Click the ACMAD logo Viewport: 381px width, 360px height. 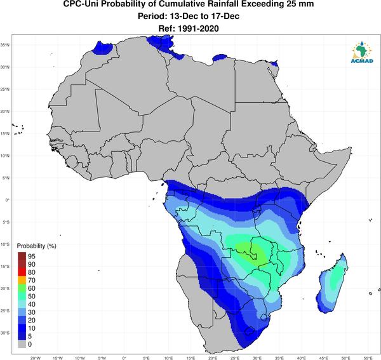(x=362, y=52)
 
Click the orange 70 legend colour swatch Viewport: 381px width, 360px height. (x=22, y=281)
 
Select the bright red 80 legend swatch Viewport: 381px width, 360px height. (x=22, y=272)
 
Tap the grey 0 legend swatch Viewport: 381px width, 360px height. (x=22, y=344)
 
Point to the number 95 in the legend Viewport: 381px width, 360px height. (x=32, y=257)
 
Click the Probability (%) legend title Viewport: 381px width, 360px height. (x=36, y=246)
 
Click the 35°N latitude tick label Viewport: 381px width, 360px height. (x=5, y=45)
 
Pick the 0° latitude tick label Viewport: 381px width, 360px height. (x=7, y=200)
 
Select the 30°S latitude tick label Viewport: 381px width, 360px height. (x=5, y=333)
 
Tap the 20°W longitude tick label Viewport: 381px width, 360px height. (x=35, y=358)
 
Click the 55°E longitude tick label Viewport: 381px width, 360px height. (x=368, y=358)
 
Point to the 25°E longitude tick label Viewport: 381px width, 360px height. (x=235, y=358)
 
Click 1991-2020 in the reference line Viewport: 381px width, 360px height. (x=198, y=29)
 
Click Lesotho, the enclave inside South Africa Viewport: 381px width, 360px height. (x=250, y=331)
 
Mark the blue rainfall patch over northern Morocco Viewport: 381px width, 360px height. (x=103, y=48)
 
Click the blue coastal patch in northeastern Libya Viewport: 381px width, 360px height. (x=220, y=58)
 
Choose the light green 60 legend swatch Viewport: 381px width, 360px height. (x=22, y=288)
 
